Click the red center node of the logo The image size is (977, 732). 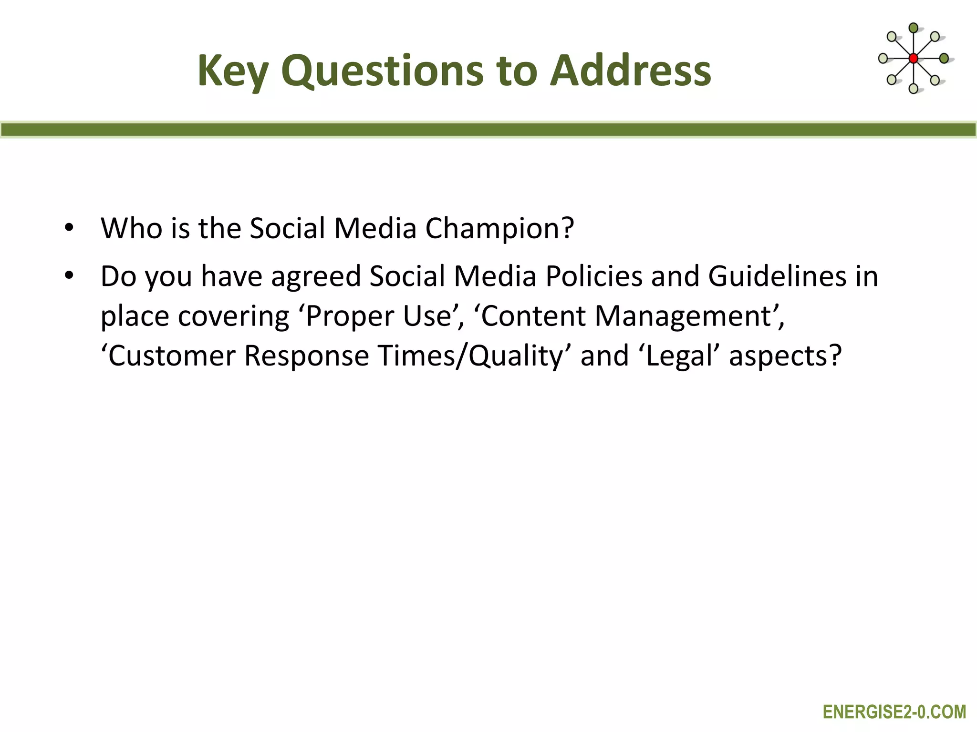[913, 59]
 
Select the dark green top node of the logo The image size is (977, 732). [913, 28]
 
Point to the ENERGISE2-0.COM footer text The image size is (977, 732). [894, 712]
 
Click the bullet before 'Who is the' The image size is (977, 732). [69, 228]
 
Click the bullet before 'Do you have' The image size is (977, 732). [69, 275]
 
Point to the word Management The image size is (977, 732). [684, 316]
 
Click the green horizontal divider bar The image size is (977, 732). [488, 130]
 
